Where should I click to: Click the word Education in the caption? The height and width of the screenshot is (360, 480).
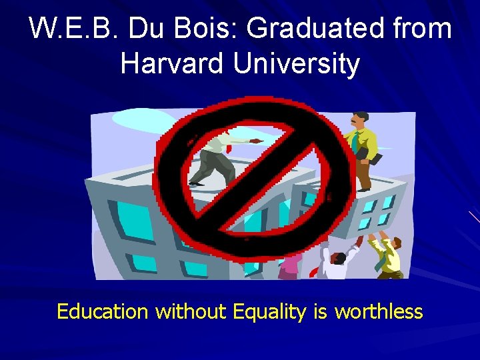click(x=103, y=311)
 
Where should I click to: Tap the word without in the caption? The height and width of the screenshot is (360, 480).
click(x=191, y=311)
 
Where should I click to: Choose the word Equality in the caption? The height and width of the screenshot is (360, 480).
click(x=270, y=311)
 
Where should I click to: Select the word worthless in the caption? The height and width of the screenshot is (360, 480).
click(x=379, y=311)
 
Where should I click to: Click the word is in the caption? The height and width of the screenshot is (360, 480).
click(x=320, y=311)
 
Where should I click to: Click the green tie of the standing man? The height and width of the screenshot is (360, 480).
click(x=357, y=141)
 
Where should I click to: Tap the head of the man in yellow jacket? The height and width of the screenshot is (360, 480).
click(x=360, y=120)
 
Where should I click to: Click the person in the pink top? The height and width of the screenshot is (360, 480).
click(x=290, y=267)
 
